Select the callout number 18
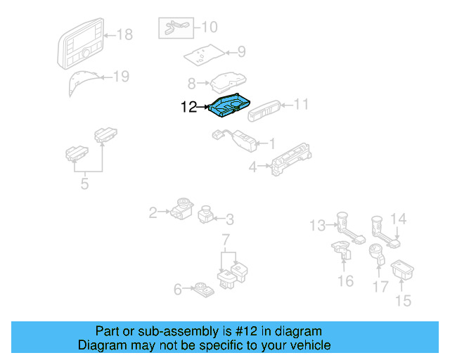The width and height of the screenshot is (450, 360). [x=124, y=34]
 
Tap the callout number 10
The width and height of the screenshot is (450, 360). [x=210, y=27]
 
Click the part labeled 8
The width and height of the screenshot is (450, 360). [x=227, y=82]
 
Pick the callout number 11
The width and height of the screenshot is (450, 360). [x=301, y=105]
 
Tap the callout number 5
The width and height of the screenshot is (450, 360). [x=84, y=185]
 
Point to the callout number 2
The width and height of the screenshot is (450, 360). [x=153, y=211]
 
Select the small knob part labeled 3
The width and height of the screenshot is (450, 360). [x=207, y=213]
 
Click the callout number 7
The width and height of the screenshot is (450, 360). [x=226, y=241]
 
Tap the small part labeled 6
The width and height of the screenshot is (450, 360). [x=202, y=288]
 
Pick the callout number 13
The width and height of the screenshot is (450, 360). [x=318, y=225]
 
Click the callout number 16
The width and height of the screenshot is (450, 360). [x=345, y=281]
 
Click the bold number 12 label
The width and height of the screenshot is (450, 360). [x=189, y=108]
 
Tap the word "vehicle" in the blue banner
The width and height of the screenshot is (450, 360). [x=307, y=345]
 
